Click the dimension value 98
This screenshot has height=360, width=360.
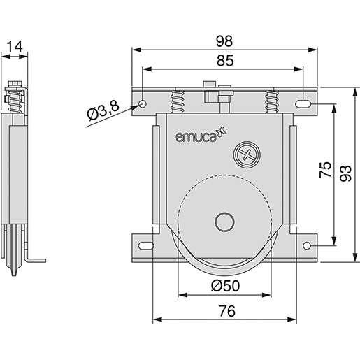(x=224, y=41)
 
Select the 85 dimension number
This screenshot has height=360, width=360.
(x=224, y=62)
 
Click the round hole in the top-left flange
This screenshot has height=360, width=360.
(x=143, y=104)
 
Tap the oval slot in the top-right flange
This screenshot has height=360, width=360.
(x=305, y=104)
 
